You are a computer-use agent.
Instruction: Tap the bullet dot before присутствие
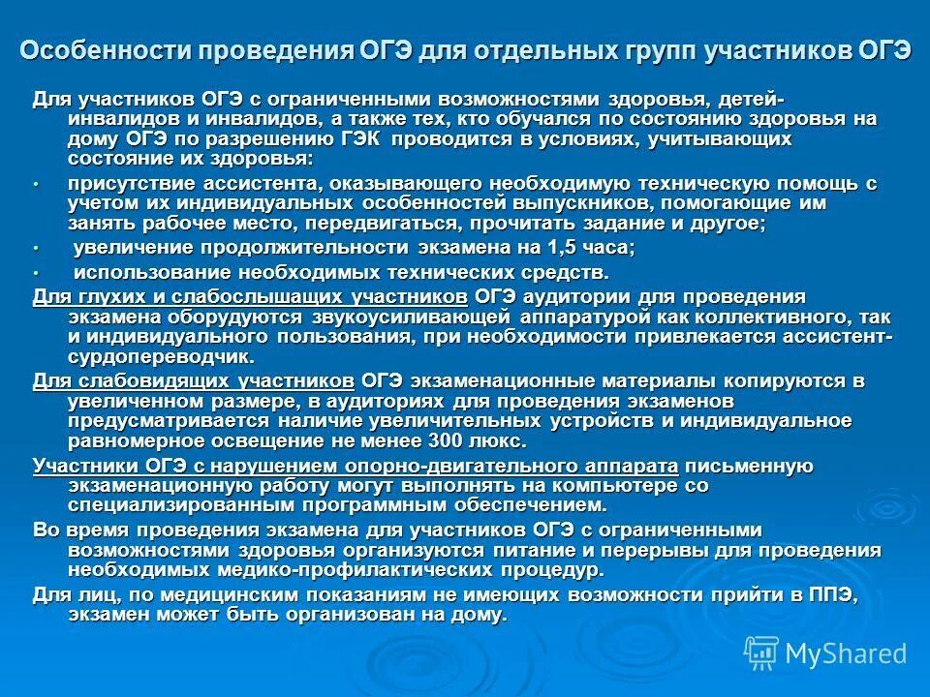click(37, 184)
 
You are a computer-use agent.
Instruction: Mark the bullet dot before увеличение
click(37, 249)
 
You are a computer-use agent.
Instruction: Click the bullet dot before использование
click(37, 273)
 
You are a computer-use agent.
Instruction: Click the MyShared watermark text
click(845, 652)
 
